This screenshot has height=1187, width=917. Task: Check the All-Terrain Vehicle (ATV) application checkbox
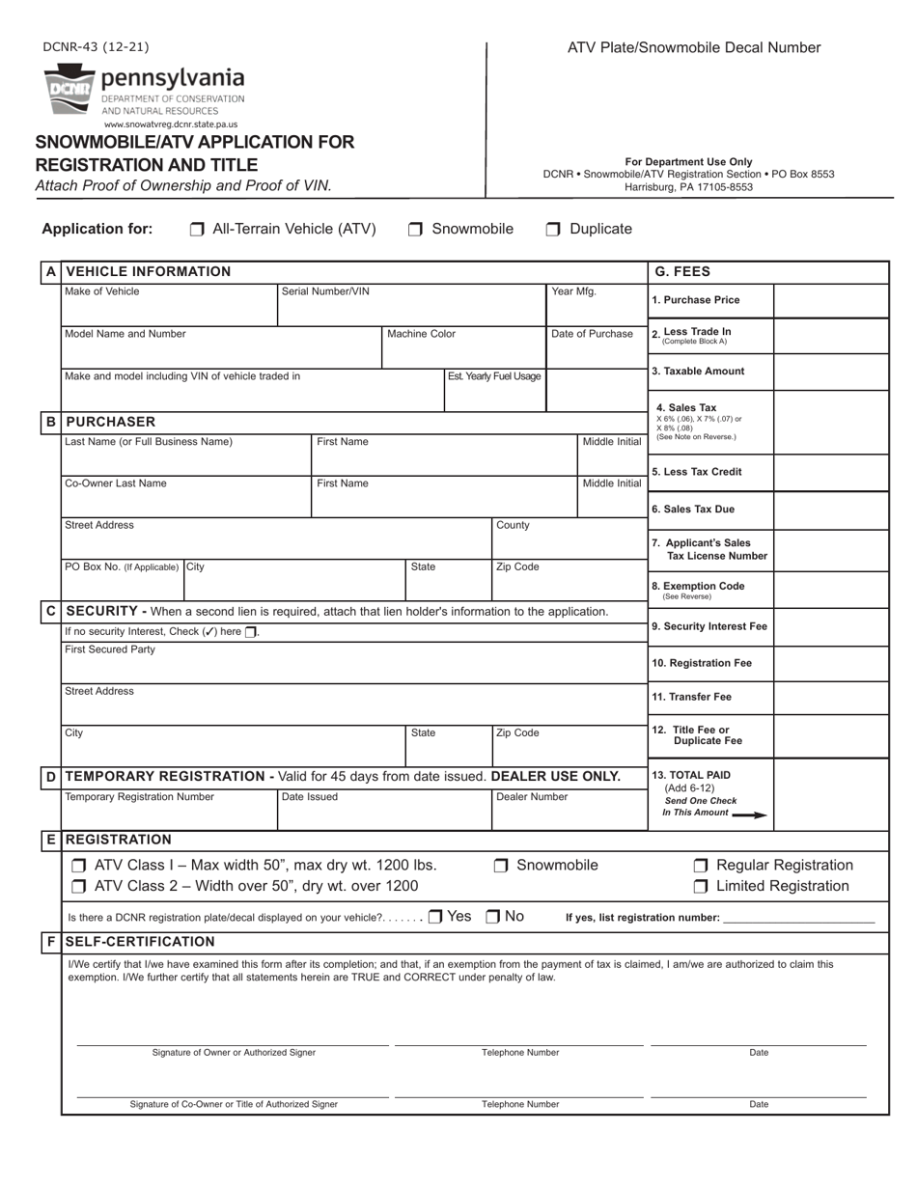click(197, 230)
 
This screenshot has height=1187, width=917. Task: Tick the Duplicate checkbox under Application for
click(553, 230)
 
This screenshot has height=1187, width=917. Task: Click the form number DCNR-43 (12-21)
click(96, 46)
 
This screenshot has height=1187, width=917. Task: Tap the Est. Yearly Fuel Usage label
click(494, 376)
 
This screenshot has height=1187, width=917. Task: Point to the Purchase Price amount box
click(831, 301)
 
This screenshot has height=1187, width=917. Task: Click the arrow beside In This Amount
click(749, 814)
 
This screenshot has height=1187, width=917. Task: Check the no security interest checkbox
click(251, 632)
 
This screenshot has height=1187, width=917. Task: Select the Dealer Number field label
click(532, 797)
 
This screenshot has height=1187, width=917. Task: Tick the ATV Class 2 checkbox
click(79, 886)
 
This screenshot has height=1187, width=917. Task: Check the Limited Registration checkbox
click(701, 886)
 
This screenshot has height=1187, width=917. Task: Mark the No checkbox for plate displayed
click(492, 917)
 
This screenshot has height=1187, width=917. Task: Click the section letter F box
click(50, 942)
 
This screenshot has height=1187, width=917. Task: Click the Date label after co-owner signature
click(759, 1104)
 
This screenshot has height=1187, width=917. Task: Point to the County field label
click(513, 525)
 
